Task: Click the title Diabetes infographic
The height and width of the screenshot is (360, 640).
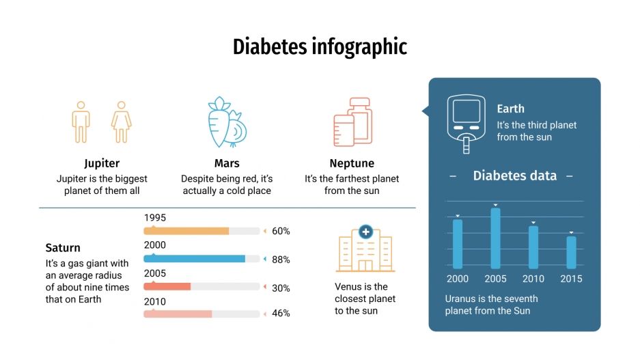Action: tap(320, 46)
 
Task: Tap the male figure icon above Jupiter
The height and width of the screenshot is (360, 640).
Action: tap(81, 123)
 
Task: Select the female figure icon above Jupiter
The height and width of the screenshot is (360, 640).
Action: tap(121, 123)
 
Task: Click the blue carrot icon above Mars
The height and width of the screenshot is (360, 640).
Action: tap(226, 122)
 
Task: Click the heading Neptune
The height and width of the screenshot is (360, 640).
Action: tap(352, 163)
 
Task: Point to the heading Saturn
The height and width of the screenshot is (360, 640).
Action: tap(63, 247)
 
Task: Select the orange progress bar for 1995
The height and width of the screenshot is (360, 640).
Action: tap(186, 231)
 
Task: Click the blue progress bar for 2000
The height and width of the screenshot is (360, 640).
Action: tap(195, 259)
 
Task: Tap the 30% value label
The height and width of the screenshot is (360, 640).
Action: tap(281, 288)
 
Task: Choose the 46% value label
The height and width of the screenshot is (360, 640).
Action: tap(281, 314)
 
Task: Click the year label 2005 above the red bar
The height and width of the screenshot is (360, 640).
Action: tap(155, 273)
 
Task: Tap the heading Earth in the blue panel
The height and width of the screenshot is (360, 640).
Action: tap(510, 109)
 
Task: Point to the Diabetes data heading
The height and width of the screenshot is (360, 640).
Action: tap(514, 176)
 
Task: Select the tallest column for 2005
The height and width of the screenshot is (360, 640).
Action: tap(495, 238)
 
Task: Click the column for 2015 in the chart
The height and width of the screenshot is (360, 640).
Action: tap(571, 252)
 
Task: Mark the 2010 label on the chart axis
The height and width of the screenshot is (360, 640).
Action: tap(533, 279)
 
